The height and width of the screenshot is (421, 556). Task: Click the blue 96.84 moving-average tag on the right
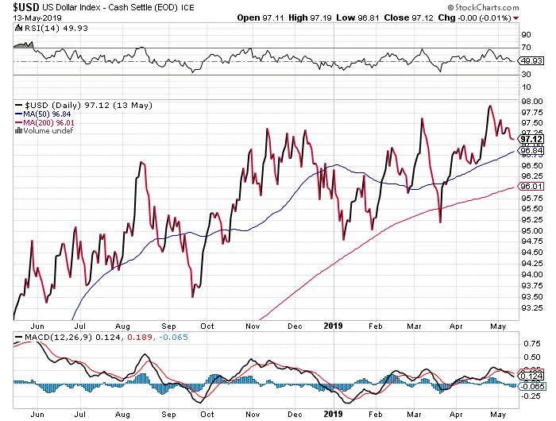531,150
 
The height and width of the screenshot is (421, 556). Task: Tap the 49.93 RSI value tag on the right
531,60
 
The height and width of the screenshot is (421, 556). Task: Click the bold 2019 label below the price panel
332,326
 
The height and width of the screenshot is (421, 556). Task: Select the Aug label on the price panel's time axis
122,326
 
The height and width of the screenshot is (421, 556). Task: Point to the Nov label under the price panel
253,326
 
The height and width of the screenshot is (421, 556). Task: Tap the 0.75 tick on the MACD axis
528,344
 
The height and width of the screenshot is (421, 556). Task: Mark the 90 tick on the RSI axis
525,35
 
